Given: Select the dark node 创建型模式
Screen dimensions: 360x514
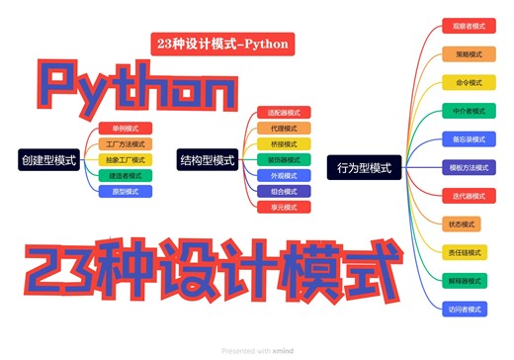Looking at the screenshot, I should [x=49, y=159].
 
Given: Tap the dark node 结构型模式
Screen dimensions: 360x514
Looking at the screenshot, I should [x=208, y=159].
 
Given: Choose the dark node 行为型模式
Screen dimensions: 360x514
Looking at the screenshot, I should [x=364, y=168].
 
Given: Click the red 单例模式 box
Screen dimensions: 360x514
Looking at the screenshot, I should [x=126, y=129].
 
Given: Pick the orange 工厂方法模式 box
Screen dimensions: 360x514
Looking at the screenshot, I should [x=126, y=144].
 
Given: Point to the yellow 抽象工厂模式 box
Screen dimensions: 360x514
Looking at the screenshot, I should [x=126, y=159].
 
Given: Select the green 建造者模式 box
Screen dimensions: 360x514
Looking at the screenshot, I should [x=126, y=175].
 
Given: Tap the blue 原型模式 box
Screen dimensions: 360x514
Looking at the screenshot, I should [x=126, y=191].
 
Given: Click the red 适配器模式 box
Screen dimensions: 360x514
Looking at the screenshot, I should [x=284, y=113].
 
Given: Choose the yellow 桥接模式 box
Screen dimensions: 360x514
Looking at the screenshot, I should [x=284, y=143].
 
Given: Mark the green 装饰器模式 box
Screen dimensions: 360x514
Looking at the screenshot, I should [x=284, y=159].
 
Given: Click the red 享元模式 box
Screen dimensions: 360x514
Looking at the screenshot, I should [x=284, y=207].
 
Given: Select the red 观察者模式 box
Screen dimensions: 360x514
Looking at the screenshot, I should [x=464, y=26].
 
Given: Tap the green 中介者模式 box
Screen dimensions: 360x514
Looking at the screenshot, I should [x=464, y=111].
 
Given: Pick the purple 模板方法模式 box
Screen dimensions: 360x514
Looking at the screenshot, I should [x=464, y=168].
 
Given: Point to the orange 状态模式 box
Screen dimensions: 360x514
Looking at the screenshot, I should [x=464, y=225].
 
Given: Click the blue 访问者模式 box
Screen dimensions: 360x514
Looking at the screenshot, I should [x=464, y=310].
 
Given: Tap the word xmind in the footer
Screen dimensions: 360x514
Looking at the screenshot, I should [x=285, y=351].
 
